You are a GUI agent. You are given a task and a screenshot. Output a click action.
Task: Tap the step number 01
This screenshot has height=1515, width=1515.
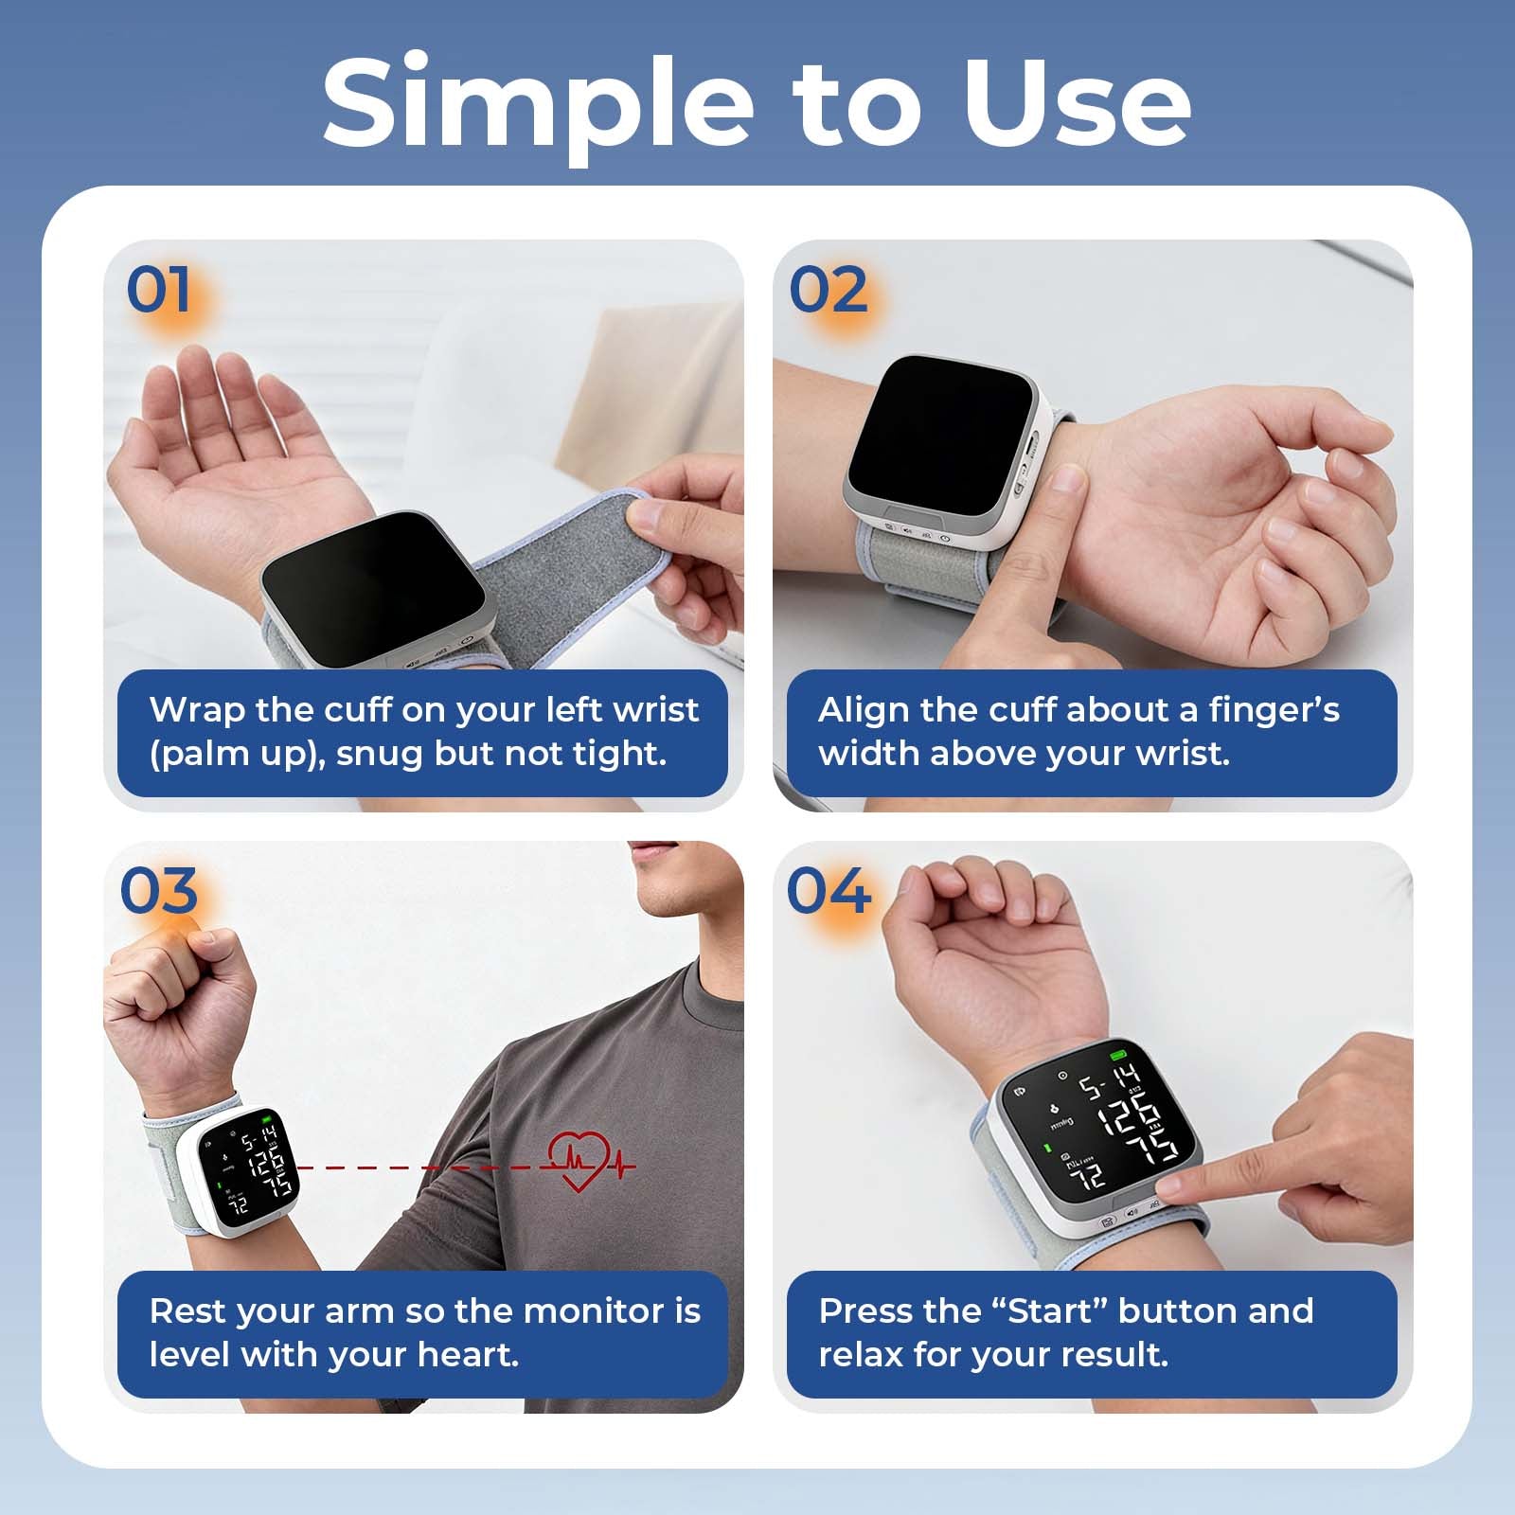(x=159, y=290)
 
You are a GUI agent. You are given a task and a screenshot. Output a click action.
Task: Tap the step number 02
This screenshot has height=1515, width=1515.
(x=828, y=290)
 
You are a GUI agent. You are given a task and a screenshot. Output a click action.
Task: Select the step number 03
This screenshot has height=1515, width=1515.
(x=159, y=891)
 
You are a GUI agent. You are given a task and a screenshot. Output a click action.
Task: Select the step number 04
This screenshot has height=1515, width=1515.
(x=828, y=891)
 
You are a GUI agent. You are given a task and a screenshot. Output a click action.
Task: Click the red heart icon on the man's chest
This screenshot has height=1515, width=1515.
(x=579, y=1163)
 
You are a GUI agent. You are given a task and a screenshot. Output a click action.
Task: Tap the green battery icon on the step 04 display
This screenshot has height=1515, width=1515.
(x=1120, y=1055)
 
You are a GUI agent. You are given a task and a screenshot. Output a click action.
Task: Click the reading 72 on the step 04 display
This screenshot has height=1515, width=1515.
(x=1091, y=1176)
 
